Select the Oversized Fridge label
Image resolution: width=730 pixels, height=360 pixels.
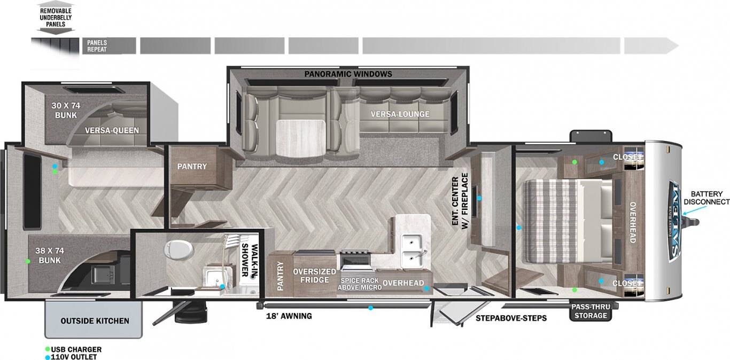pos(314,276)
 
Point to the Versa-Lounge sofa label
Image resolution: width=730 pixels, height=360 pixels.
pos(400,114)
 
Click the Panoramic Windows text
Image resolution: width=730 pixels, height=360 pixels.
pos(348,74)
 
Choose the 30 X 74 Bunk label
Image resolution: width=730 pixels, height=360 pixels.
pos(66,110)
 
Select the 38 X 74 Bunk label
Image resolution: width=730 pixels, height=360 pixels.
pos(50,255)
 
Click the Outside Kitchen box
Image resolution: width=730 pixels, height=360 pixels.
pos(94,319)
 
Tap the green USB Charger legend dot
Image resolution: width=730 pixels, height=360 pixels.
pos(48,349)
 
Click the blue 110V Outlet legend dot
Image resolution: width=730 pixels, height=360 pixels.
pos(48,357)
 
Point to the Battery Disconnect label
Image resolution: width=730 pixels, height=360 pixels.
pos(706,198)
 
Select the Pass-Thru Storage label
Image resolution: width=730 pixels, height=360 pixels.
pos(591,311)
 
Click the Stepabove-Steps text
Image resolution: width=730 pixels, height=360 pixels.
pos(511,318)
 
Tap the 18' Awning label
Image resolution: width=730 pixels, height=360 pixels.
pos(289,316)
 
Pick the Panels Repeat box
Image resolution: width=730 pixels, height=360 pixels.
pos(109,46)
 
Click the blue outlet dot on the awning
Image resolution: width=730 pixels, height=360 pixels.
pos(370,308)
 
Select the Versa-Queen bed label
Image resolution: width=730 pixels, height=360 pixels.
pos(112,130)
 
